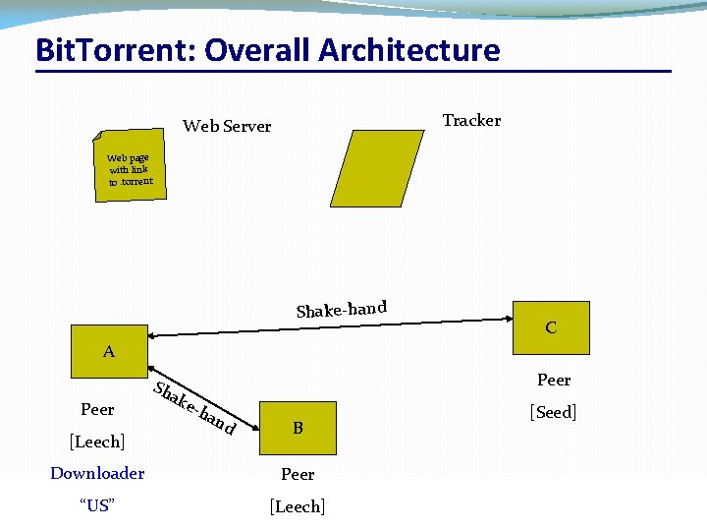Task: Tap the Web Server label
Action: tap(227, 126)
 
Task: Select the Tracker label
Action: tap(471, 120)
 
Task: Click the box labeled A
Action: tap(109, 351)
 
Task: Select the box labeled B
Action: tap(298, 428)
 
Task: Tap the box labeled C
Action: tap(551, 327)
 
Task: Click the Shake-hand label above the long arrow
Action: tap(341, 309)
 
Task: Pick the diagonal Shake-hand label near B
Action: tap(195, 407)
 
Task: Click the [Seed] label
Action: tap(553, 412)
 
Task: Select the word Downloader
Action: tap(97, 473)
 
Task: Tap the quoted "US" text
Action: tap(96, 506)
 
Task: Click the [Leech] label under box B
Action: tap(298, 506)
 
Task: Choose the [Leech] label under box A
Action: tap(96, 441)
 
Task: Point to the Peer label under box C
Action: tap(554, 380)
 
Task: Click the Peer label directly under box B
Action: tap(298, 474)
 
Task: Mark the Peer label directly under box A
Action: tap(97, 409)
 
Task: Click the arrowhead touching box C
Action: tap(509, 319)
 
